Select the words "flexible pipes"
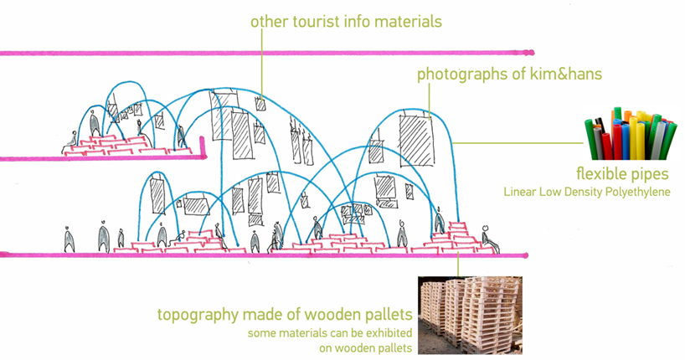621,174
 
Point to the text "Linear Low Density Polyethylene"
587,192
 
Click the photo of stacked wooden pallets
469,315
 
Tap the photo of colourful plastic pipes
628,134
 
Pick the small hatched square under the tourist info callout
261,105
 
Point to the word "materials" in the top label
404,21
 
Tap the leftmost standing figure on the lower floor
70,240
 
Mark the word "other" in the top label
270,21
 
